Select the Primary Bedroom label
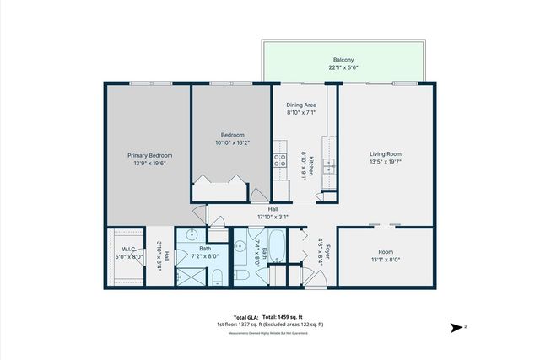(x=150, y=155)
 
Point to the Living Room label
(x=385, y=154)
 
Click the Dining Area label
(x=301, y=105)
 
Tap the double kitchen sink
(x=331, y=166)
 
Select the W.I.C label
(x=128, y=249)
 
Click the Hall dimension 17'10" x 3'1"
(x=273, y=216)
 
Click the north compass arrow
(x=456, y=326)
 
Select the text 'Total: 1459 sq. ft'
(x=285, y=315)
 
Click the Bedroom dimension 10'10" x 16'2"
(x=233, y=142)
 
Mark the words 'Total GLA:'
(x=247, y=315)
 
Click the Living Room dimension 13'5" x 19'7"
(x=385, y=163)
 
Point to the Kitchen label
(x=311, y=167)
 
